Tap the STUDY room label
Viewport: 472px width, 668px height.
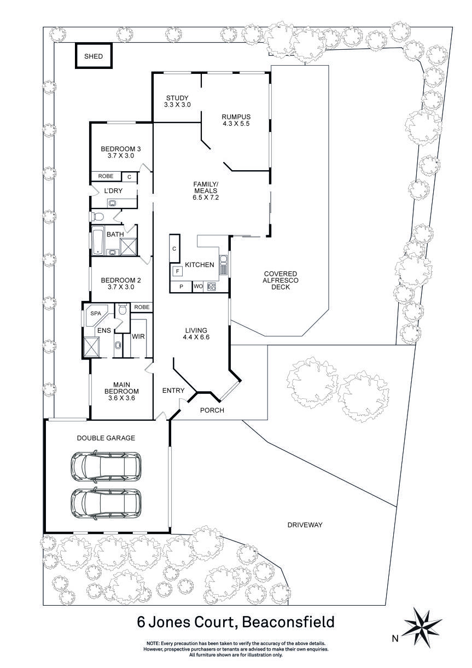pos(178,98)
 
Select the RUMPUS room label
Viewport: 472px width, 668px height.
pos(236,117)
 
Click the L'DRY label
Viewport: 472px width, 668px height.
pos(113,190)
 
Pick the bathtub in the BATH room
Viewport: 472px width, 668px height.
pos(98,241)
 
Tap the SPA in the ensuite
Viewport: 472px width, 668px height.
pos(96,313)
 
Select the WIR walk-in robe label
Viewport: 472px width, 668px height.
pos(138,336)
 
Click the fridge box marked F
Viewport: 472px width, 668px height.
pos(177,271)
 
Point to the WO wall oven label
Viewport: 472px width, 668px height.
pos(197,287)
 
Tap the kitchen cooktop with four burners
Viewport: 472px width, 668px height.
pos(212,287)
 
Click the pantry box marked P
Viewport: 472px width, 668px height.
pos(180,287)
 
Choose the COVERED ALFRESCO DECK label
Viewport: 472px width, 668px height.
pos(280,280)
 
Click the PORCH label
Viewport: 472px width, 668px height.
pos(212,410)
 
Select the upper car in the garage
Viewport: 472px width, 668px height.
pos(105,464)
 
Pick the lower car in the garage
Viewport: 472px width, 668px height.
pos(105,502)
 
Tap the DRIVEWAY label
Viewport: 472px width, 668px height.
pos(305,525)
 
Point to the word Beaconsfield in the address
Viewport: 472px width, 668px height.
pos(288,622)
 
